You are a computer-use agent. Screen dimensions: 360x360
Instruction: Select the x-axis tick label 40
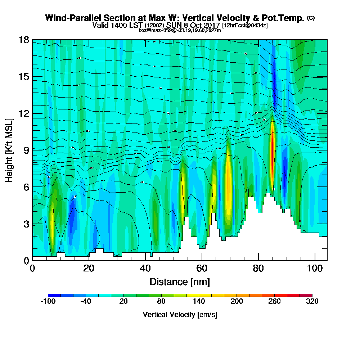[145, 268]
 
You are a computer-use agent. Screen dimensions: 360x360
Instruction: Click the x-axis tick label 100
[315, 268]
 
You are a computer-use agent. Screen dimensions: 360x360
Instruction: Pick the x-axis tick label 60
[202, 268]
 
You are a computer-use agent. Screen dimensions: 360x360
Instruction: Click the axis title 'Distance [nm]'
[180, 282]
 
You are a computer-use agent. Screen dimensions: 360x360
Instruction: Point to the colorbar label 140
[199, 302]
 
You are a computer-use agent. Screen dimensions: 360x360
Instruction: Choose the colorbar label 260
[274, 302]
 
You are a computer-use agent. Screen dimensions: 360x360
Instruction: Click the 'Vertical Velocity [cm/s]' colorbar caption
[180, 315]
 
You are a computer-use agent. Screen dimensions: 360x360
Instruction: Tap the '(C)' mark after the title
[311, 18]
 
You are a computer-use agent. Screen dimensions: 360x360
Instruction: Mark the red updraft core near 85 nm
[272, 144]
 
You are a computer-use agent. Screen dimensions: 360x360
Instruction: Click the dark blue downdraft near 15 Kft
[274, 77]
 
